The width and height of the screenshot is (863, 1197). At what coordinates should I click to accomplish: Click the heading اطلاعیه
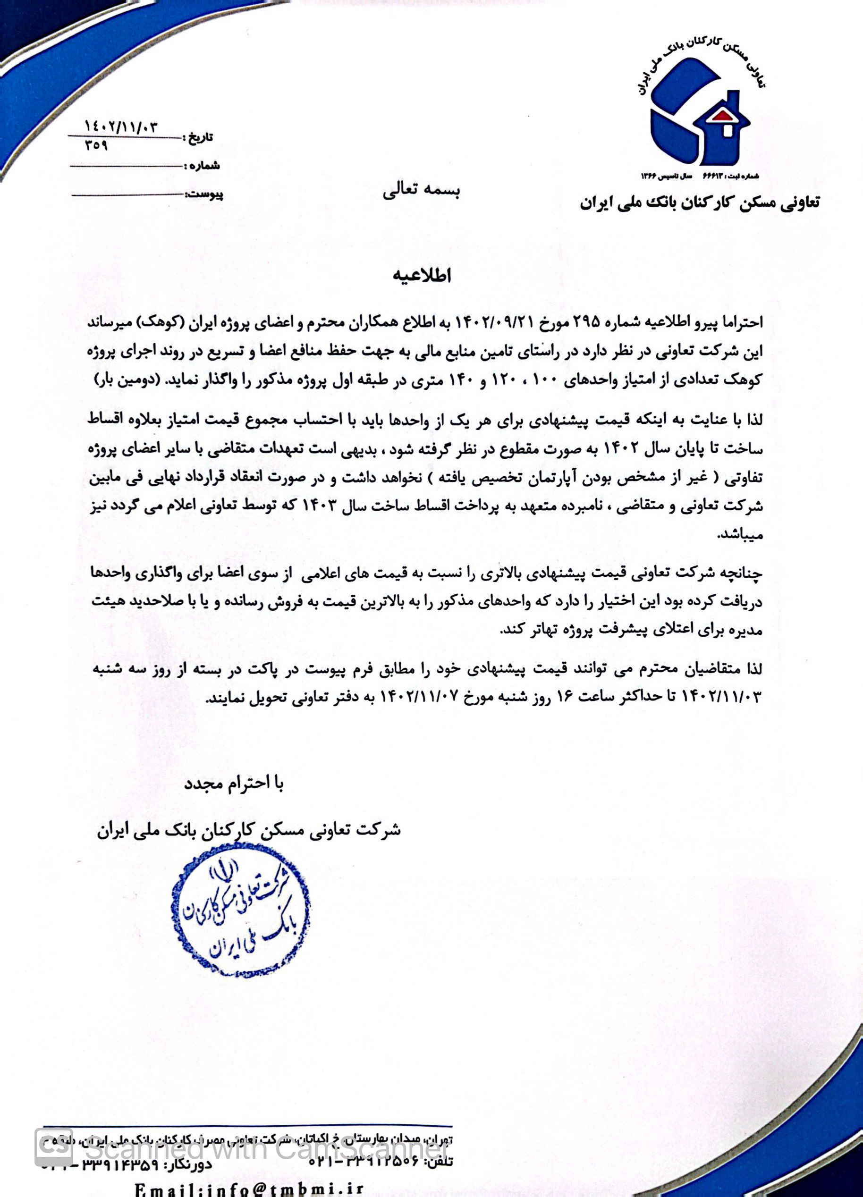click(x=422, y=276)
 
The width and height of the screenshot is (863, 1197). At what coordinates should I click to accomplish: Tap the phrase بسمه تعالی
click(x=421, y=192)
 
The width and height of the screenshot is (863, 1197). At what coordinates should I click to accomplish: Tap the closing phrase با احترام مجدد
click(x=234, y=784)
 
